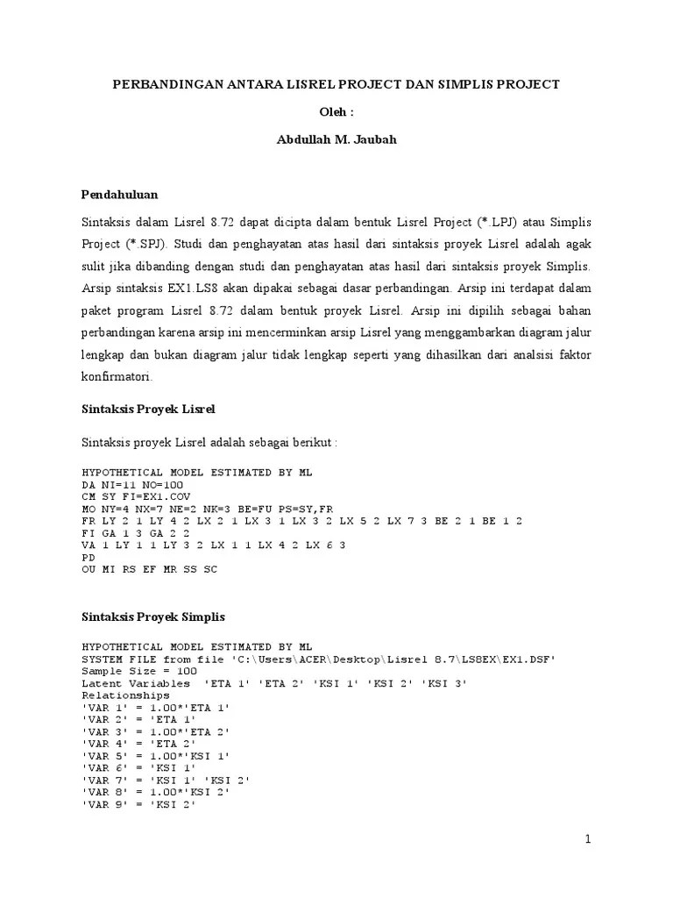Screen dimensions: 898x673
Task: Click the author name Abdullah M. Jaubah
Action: (336, 139)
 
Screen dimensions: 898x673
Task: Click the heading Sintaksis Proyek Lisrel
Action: (148, 410)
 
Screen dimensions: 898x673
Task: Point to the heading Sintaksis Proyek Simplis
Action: (153, 616)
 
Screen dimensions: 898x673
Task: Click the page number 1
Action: (588, 839)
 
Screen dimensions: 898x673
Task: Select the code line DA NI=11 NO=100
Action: (131, 484)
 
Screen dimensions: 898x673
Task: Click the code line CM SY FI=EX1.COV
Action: (135, 495)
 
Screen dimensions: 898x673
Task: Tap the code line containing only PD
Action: (88, 557)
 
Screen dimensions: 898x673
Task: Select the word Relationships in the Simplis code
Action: (125, 695)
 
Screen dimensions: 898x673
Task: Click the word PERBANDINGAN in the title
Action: (166, 84)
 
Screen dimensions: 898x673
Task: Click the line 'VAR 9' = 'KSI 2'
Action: (138, 805)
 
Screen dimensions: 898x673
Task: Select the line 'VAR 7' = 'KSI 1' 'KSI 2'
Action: (166, 780)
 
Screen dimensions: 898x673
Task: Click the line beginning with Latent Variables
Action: (274, 683)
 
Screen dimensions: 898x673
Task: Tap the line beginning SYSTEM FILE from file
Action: (318, 659)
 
